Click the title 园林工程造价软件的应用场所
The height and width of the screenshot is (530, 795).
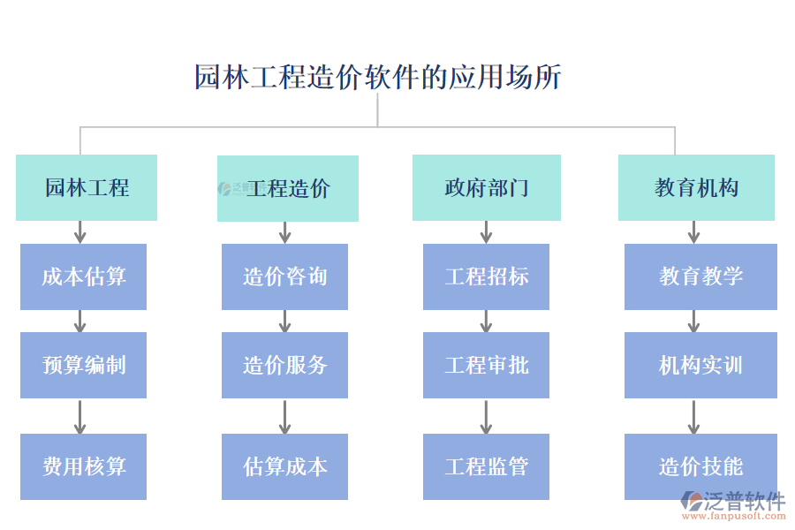(x=377, y=78)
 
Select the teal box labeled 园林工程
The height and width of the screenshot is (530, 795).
(x=87, y=187)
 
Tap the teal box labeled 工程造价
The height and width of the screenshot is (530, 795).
(x=288, y=188)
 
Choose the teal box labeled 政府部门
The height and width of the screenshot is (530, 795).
(x=486, y=187)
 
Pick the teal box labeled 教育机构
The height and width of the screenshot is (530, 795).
(x=696, y=187)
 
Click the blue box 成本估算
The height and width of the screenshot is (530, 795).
(x=83, y=276)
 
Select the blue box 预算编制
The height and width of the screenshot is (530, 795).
(x=83, y=365)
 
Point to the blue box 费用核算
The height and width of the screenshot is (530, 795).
(x=83, y=466)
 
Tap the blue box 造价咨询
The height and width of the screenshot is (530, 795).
(x=284, y=276)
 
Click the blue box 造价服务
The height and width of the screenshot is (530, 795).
(x=284, y=365)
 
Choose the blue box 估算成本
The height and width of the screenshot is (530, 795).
(x=284, y=466)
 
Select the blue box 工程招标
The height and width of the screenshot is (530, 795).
(x=486, y=276)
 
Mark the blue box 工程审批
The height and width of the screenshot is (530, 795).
(x=486, y=365)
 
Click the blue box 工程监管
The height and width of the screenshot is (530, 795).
(x=486, y=466)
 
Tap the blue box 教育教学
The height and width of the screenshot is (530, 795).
(x=700, y=276)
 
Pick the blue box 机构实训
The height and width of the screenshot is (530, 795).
(x=700, y=365)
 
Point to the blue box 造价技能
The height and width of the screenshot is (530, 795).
(x=700, y=466)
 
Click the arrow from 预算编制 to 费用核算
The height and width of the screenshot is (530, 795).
(x=80, y=416)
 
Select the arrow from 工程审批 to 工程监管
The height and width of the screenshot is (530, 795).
(x=486, y=416)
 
